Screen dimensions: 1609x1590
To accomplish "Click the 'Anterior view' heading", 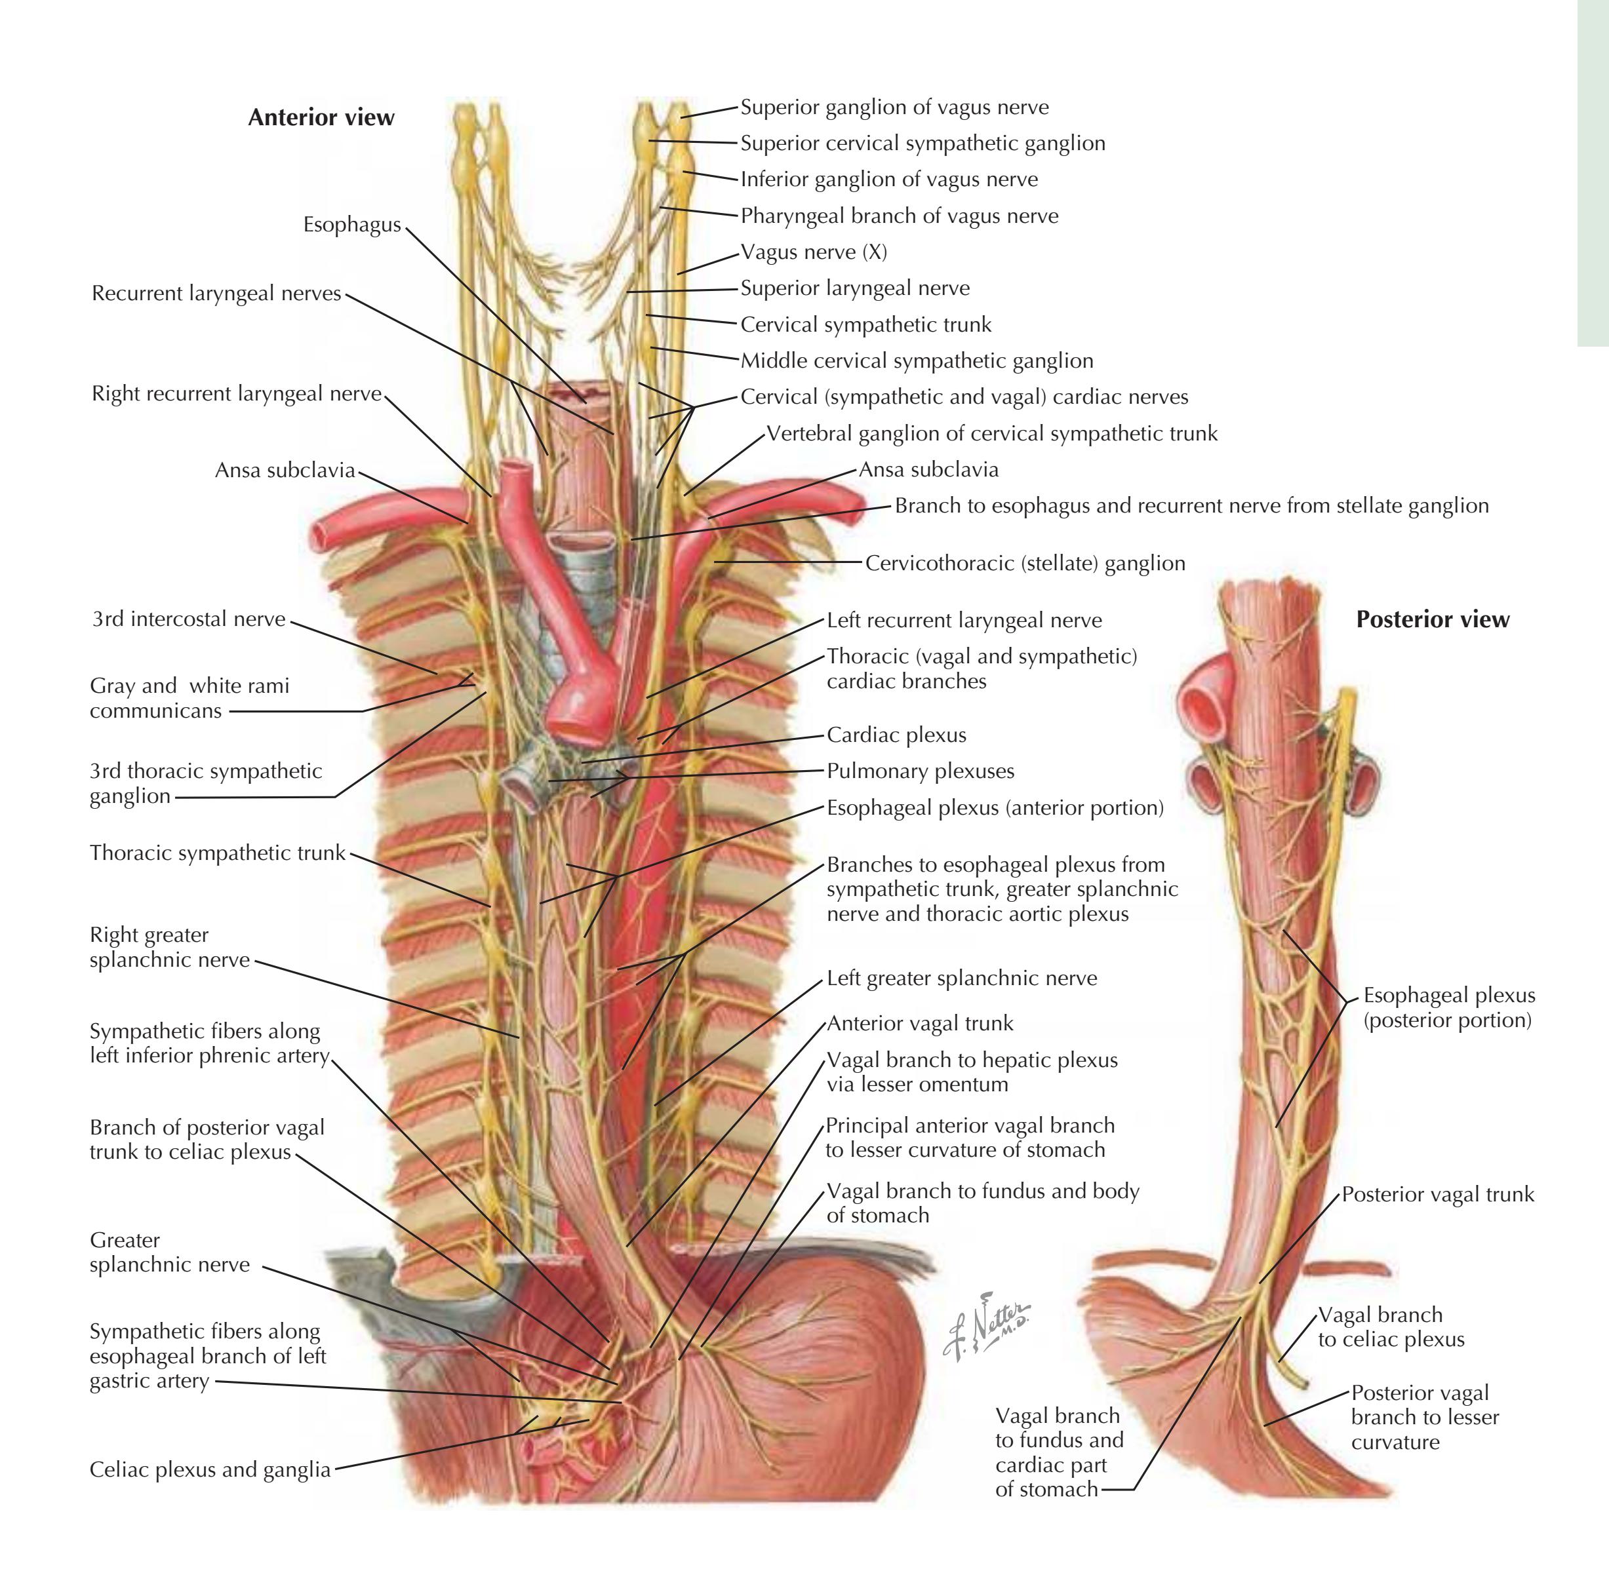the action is pyautogui.click(x=321, y=117).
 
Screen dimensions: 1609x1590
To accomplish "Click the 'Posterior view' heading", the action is pyautogui.click(x=1433, y=619).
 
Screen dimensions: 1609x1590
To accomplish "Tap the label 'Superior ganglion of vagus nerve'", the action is pyautogui.click(x=894, y=107).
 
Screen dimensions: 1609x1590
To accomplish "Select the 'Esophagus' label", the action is pyautogui.click(x=351, y=225).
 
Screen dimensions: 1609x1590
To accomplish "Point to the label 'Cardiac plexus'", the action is pyautogui.click(x=896, y=735).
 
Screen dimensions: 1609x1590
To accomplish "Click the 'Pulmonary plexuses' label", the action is pyautogui.click(x=921, y=771).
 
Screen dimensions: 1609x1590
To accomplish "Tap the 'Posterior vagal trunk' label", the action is pyautogui.click(x=1437, y=1195).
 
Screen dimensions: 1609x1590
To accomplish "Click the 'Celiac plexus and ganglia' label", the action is pyautogui.click(x=210, y=1470).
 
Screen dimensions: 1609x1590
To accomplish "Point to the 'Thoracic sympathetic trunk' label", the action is pyautogui.click(x=218, y=853).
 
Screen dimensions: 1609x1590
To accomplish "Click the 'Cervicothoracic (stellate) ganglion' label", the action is pyautogui.click(x=1025, y=564).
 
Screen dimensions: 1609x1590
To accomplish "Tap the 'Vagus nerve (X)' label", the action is pyautogui.click(x=814, y=252).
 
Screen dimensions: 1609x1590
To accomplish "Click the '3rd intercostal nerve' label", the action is pyautogui.click(x=188, y=619).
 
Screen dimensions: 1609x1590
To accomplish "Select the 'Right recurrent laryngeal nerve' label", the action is pyautogui.click(x=237, y=394).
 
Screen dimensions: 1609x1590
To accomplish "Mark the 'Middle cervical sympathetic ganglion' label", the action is pyautogui.click(x=917, y=361).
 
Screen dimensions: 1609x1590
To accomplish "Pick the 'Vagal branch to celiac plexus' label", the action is pyautogui.click(x=1391, y=1327).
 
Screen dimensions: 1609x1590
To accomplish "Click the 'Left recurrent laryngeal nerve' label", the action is pyautogui.click(x=964, y=620).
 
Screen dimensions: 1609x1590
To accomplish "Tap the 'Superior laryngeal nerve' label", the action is pyautogui.click(x=855, y=289).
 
